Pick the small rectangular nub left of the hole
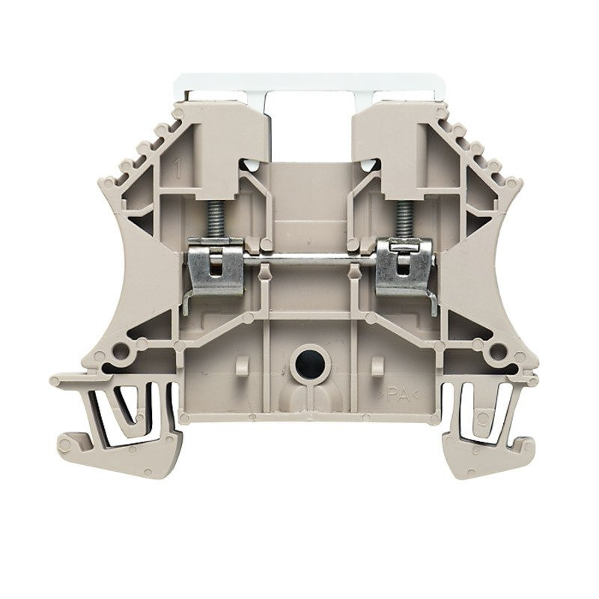coord(241,366)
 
